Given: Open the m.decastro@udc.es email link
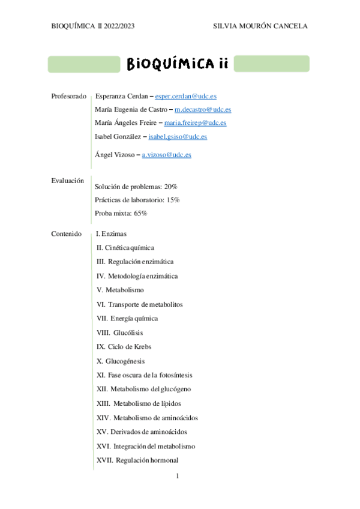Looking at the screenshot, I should pos(203,109).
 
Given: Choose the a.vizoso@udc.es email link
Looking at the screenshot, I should pos(166,154).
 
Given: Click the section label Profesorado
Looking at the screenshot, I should pos(69,96).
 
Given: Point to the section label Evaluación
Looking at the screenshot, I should pos(67,180).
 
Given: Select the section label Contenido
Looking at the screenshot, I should pos(66,233).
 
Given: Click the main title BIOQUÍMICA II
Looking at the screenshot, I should pos(177,64).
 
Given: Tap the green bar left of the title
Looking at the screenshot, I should pos(84,64).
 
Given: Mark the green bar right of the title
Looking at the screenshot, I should pos(271,64).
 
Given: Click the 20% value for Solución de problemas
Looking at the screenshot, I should pos(170,187).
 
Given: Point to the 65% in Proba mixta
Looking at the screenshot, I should pos(140,213).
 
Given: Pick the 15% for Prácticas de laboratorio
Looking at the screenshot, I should pos(173,200).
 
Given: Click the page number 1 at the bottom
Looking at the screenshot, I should pos(178,477).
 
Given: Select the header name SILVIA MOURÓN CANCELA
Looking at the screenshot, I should pos(260,26).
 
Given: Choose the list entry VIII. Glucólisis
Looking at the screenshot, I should pos(119,333).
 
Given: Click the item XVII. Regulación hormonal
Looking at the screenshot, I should pos(137,460).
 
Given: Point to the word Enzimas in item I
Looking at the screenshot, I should pos(114,233).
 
